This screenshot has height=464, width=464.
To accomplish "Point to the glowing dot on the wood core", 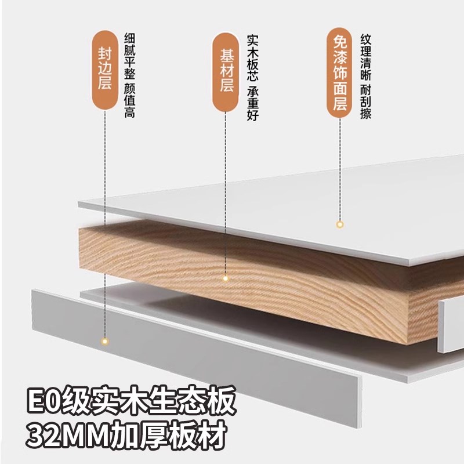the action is (x=226, y=279).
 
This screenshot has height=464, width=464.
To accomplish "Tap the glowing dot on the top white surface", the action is (x=340, y=223).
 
